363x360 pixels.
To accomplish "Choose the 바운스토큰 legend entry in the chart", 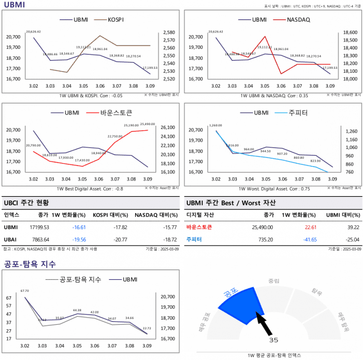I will (x=116, y=113).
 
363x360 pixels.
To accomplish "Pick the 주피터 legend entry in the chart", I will (x=298, y=113).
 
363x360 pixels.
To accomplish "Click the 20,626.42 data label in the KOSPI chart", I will (x=34, y=32).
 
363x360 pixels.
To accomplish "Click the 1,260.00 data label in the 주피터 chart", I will (x=215, y=125).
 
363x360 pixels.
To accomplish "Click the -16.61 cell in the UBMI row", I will (x=79, y=227).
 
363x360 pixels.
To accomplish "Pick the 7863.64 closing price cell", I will (x=40, y=239).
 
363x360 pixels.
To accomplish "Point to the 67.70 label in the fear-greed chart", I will (x=24, y=291).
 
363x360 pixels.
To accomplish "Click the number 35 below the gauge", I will (x=274, y=340).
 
